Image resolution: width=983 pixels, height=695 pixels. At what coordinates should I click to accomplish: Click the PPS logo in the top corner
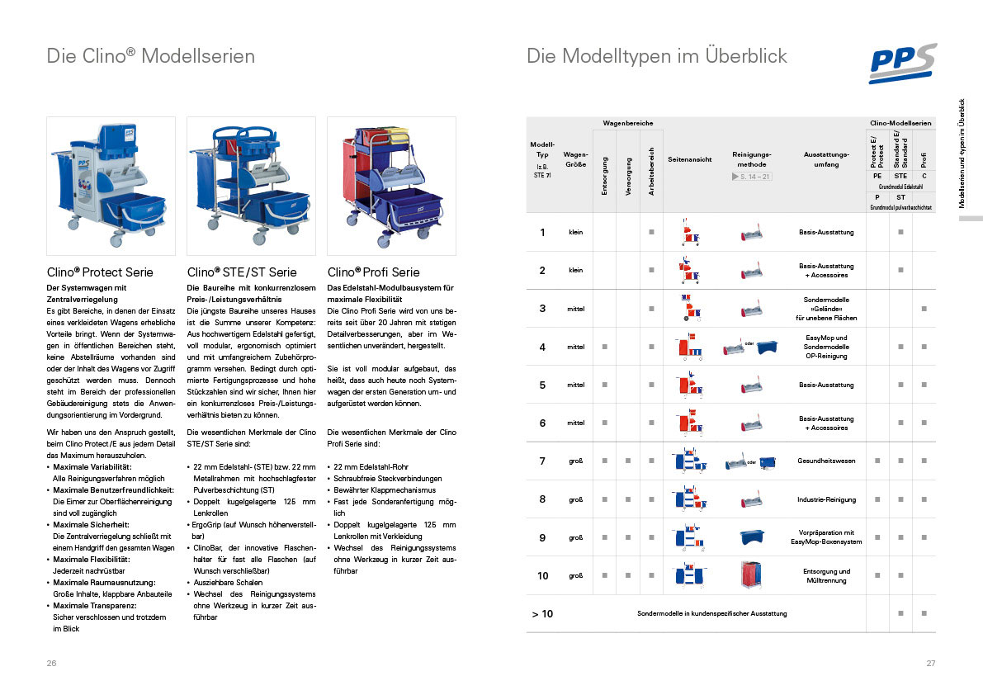[902, 64]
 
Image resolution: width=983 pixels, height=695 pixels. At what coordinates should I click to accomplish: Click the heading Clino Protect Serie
[100, 272]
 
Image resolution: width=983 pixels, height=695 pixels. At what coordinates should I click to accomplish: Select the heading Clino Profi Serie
[373, 272]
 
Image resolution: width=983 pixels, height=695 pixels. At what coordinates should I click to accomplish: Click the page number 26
[52, 664]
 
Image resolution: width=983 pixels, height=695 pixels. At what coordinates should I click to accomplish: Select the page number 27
[931, 664]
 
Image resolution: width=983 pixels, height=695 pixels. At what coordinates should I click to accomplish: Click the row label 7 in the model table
[542, 461]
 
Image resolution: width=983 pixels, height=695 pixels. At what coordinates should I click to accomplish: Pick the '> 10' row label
[542, 613]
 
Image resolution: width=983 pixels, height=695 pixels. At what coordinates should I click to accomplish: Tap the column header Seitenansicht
[689, 159]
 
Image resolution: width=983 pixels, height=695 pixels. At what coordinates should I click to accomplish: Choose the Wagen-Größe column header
[575, 158]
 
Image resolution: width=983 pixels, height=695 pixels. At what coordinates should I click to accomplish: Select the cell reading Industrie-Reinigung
[825, 499]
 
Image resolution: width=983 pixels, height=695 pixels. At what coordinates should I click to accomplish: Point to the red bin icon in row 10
[751, 575]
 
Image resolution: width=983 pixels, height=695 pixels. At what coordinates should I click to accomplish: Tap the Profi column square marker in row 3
[924, 308]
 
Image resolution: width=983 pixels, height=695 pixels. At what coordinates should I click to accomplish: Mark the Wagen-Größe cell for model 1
[575, 232]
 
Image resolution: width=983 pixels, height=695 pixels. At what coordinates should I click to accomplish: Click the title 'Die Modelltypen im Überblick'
[657, 56]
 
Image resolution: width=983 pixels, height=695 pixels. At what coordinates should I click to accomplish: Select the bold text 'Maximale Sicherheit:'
[88, 524]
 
